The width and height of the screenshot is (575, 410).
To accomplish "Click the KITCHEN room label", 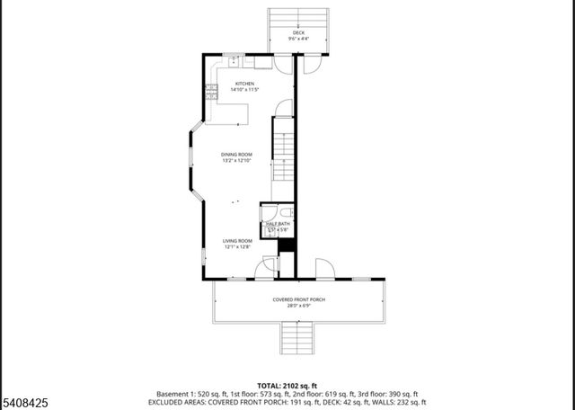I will pos(233,84).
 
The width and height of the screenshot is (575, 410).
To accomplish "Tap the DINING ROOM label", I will pos(236,155).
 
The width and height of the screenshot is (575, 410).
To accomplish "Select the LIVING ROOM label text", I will pos(236,240).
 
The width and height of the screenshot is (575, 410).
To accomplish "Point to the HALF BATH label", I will pos(278,224).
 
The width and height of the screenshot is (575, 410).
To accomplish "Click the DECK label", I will pos(297,33).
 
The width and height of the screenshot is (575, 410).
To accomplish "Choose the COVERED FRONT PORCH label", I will pos(297,299).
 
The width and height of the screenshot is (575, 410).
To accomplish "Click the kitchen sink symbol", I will pos(234,61).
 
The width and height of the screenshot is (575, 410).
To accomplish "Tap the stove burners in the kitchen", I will pos(212,90).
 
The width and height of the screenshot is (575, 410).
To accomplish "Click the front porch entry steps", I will pos(297,338).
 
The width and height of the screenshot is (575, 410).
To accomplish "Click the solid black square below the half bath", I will pos(287,245).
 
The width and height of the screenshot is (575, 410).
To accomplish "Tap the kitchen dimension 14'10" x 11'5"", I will pos(233,90).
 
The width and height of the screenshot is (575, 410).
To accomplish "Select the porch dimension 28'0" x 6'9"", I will pos(297,306).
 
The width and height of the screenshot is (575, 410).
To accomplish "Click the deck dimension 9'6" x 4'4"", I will pos(297,40).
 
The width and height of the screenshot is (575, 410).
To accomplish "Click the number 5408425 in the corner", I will pos(24,402).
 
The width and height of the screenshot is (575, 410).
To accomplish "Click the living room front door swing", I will pos(266,267).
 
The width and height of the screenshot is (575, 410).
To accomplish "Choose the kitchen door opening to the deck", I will pos(283,65).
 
